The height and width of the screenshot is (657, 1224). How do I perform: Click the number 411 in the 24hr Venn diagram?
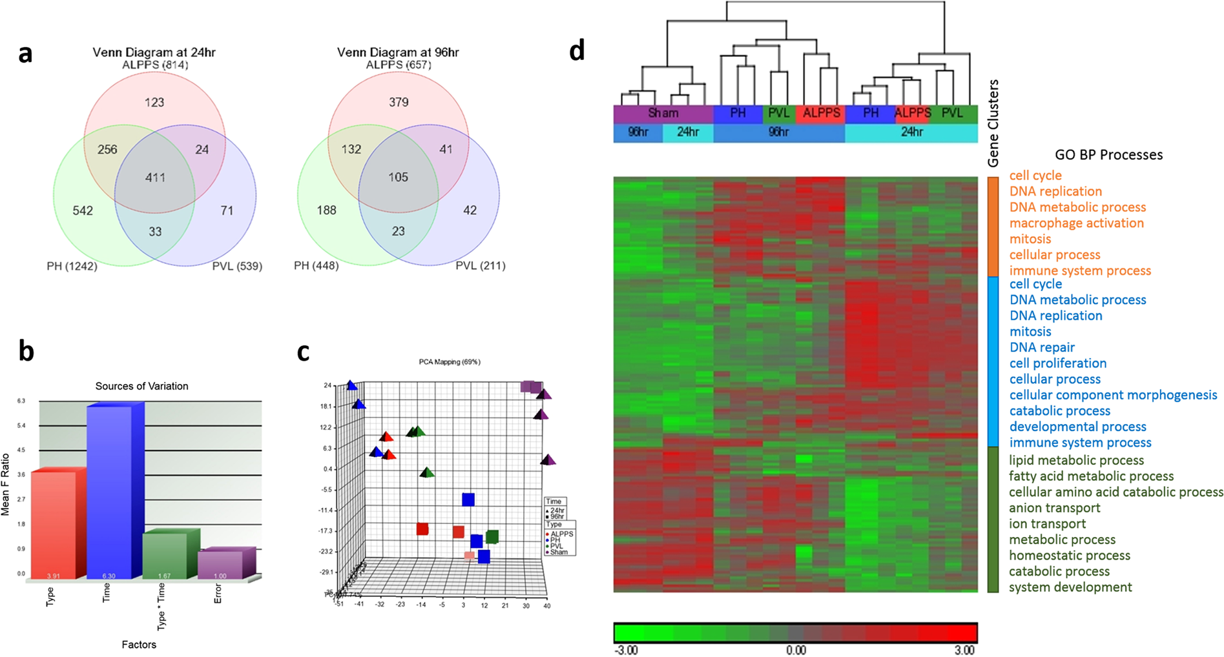[x=155, y=177]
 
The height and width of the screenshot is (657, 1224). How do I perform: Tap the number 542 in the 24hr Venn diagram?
[x=83, y=210]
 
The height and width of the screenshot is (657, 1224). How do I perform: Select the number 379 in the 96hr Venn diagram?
[x=399, y=102]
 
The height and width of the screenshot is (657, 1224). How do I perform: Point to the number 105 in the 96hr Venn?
[x=398, y=177]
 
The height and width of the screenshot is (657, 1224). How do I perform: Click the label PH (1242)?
[x=72, y=266]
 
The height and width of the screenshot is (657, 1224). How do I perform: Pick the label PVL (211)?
[x=481, y=266]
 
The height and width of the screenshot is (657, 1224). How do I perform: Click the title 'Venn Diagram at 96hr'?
[x=398, y=52]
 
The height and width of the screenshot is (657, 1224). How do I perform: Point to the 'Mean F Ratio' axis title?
[x=6, y=484]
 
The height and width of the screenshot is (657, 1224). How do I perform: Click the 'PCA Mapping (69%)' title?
[x=449, y=362]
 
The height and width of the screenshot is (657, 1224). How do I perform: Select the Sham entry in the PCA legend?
[x=559, y=552]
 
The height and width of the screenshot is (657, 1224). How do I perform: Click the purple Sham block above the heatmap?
[x=663, y=114]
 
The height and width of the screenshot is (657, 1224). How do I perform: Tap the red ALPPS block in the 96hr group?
[x=820, y=114]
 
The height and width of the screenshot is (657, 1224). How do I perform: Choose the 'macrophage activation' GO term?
[x=1076, y=223]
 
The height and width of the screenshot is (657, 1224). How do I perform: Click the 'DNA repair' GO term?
[x=1042, y=348]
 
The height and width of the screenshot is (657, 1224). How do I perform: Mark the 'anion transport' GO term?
[x=1054, y=509]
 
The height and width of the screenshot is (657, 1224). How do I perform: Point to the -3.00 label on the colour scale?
[x=627, y=650]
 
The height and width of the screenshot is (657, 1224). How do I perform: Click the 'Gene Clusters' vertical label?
[x=993, y=123]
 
